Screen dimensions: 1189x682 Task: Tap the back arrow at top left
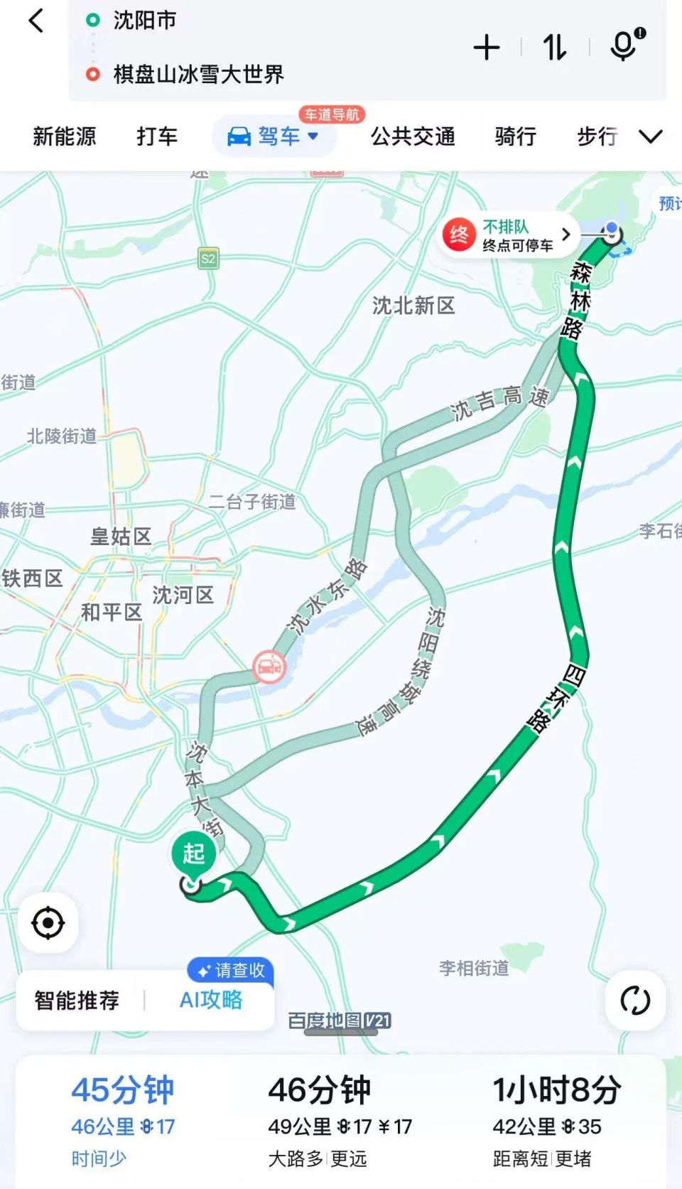[36, 21]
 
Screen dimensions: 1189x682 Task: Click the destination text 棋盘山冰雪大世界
[198, 74]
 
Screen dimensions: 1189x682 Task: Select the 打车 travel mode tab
[157, 136]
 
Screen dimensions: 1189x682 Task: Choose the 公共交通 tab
[413, 136]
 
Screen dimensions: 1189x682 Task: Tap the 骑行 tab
[515, 136]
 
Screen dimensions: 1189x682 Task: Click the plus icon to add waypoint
[487, 48]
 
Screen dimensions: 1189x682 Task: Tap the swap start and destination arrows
[555, 48]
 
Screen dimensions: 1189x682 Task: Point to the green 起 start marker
[193, 854]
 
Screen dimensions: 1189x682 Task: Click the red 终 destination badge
[459, 235]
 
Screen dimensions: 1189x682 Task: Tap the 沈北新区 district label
[413, 306]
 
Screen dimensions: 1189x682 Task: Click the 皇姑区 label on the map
[121, 537]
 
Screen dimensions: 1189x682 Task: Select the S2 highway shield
[208, 259]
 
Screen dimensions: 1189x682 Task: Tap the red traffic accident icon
[269, 667]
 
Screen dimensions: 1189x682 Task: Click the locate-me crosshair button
[48, 923]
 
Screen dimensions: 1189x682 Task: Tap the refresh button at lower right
[635, 1000]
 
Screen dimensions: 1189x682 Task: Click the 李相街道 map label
[474, 968]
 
